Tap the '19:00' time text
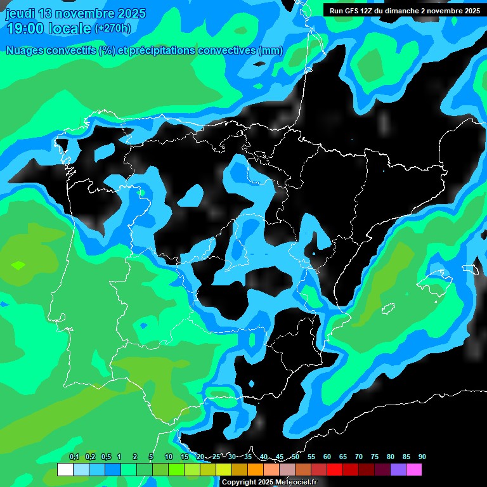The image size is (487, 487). point(26,29)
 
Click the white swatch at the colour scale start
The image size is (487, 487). point(65,470)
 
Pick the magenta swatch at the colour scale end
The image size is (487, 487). point(414,470)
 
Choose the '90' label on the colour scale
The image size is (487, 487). point(422,457)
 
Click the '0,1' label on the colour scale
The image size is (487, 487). point(74,457)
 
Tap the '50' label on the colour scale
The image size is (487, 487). point(295,457)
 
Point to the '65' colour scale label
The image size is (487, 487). point(343,457)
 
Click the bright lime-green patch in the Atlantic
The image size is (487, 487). point(18,265)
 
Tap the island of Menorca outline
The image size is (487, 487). point(470,269)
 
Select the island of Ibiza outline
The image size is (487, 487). point(388,309)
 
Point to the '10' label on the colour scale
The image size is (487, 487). point(169,457)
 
